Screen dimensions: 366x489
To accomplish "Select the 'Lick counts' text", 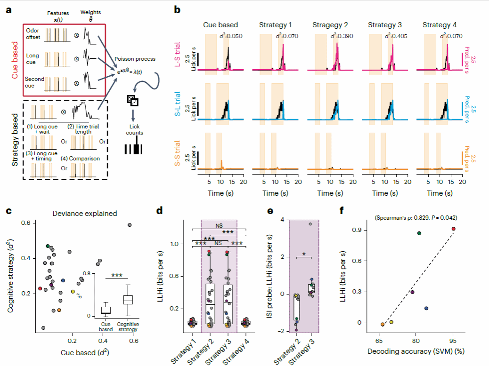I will pos(135,129).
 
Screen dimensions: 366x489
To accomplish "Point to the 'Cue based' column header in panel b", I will pos(220,24).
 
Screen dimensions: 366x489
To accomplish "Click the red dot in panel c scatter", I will pos(40,288).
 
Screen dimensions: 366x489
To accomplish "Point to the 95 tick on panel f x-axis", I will pos(453,340).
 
